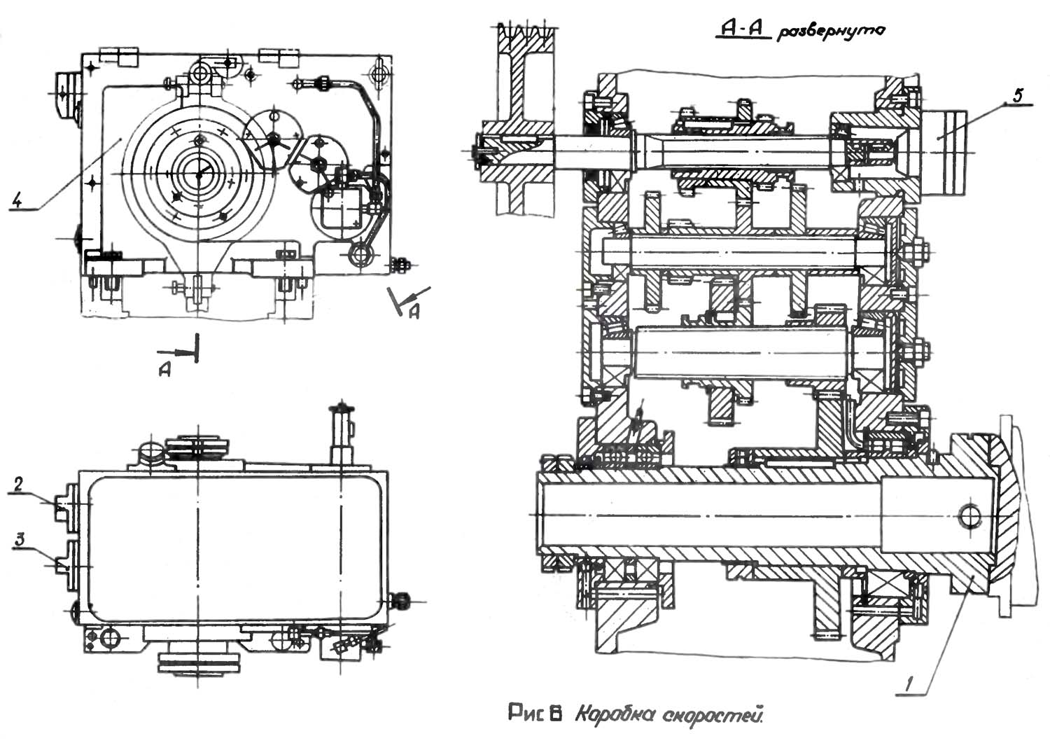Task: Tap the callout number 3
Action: point(18,540)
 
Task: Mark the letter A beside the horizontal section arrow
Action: point(164,370)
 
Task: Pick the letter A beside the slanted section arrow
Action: point(414,312)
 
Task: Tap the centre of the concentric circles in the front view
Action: point(199,174)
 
